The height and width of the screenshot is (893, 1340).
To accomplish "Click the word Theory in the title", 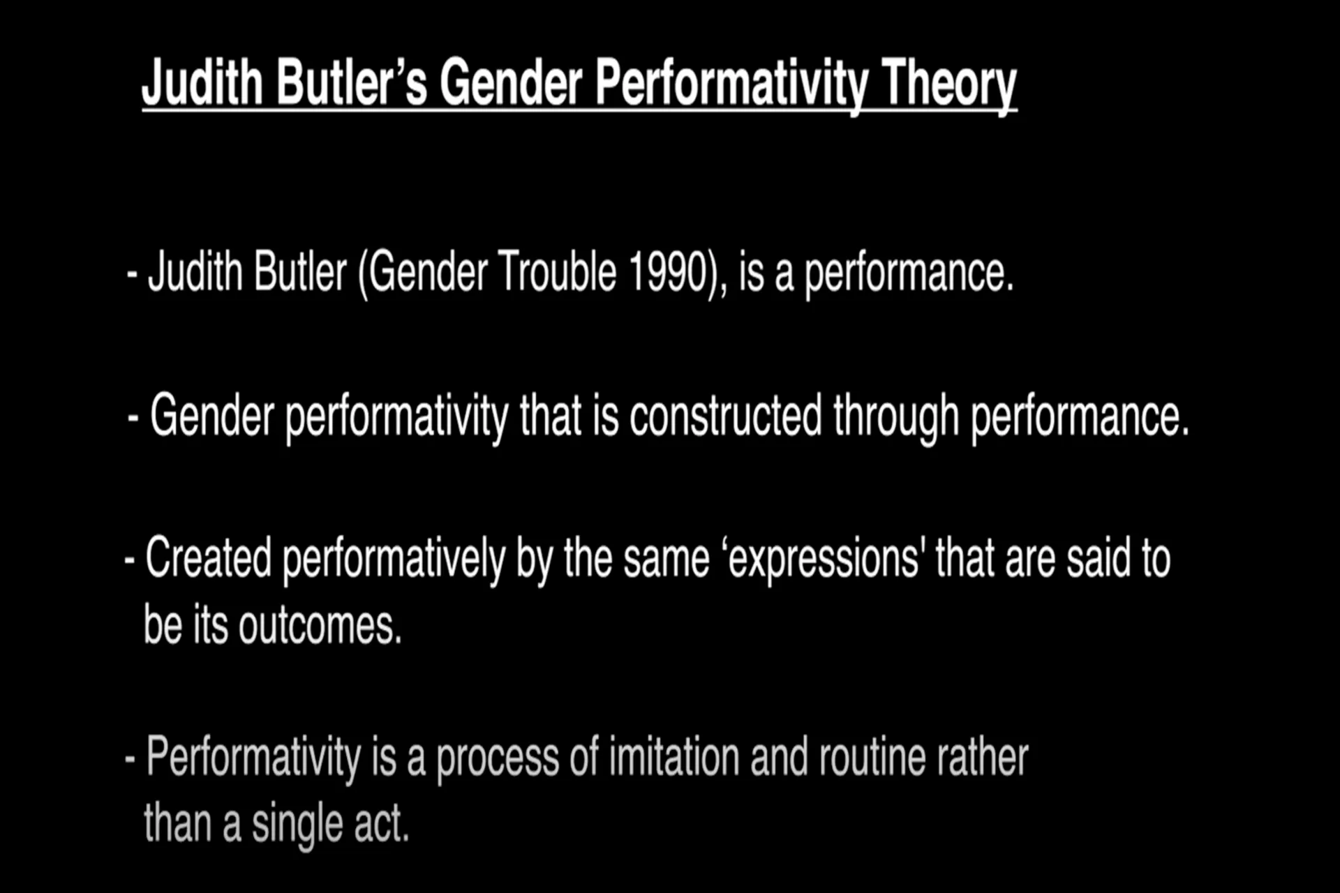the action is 948,84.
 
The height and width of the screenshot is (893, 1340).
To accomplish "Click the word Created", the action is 208,557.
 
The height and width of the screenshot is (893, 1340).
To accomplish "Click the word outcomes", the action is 320,625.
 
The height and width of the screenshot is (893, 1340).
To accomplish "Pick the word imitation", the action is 673,757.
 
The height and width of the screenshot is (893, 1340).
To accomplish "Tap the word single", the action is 297,825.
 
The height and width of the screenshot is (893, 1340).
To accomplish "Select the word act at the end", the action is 381,824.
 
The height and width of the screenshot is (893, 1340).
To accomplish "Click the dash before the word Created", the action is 129,560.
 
